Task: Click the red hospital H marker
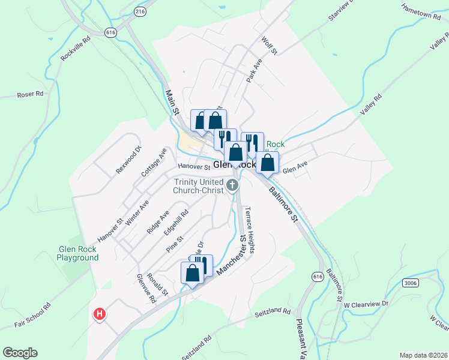pyautogui.click(x=100, y=314)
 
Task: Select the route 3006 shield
pyautogui.click(x=411, y=283)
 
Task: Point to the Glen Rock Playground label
pyautogui.click(x=77, y=253)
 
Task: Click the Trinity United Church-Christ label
pyautogui.click(x=198, y=186)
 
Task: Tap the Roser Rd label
pyautogui.click(x=31, y=94)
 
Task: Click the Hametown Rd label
pyautogui.click(x=421, y=11)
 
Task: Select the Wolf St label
pyautogui.click(x=270, y=46)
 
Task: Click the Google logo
pyautogui.click(x=20, y=353)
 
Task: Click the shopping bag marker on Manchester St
pyautogui.click(x=192, y=274)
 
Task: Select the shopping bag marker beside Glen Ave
pyautogui.click(x=267, y=162)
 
